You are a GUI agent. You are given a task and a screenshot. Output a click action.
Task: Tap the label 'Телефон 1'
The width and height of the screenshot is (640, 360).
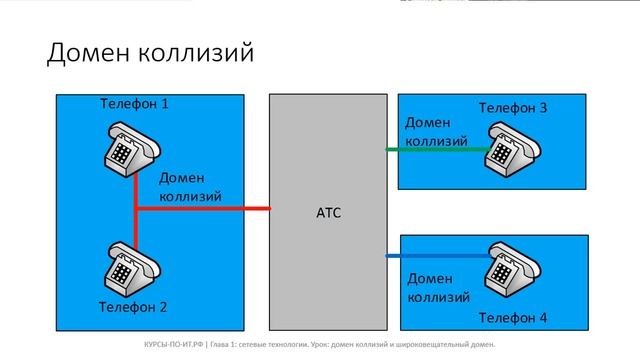pos(135,104)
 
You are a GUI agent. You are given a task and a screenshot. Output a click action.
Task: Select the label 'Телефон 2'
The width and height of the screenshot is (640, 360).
pos(133,306)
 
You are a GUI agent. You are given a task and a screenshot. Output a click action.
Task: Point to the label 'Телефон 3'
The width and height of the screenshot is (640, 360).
pos(512,107)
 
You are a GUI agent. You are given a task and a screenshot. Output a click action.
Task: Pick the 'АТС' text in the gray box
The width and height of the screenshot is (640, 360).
pos(328,212)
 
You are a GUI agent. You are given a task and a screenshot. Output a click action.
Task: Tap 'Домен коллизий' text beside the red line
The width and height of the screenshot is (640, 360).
pos(190,185)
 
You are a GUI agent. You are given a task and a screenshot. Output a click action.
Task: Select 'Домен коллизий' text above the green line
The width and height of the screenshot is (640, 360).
pos(435,130)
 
